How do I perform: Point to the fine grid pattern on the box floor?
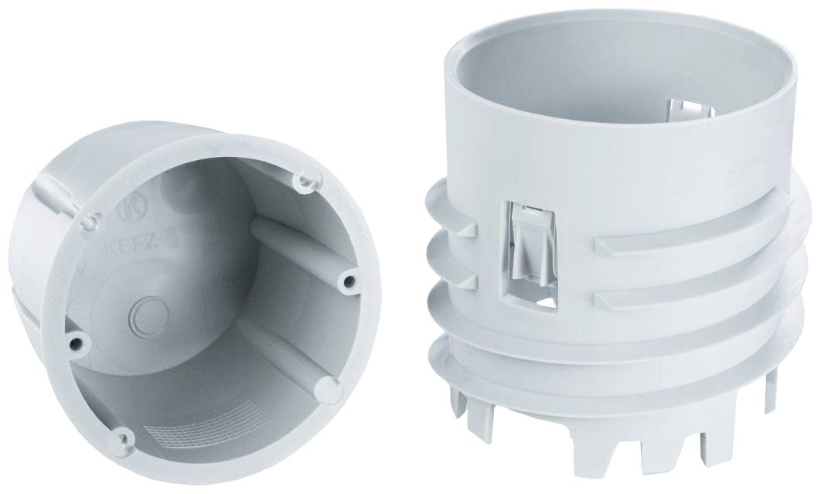[x=193, y=434]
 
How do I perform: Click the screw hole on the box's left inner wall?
[x=75, y=341]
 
